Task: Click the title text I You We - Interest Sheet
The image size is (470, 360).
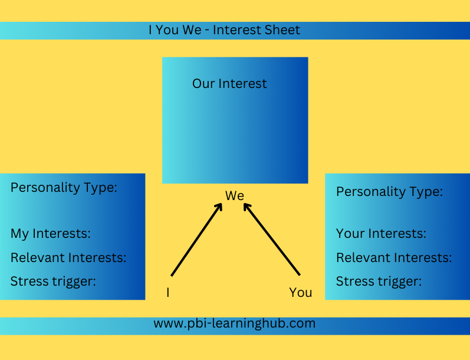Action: [224, 30]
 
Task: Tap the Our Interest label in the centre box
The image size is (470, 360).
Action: [229, 83]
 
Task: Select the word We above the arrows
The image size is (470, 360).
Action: [235, 195]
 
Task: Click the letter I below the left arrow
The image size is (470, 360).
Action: [168, 292]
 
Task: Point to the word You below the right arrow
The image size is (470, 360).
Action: [300, 292]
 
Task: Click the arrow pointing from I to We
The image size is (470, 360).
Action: [196, 240]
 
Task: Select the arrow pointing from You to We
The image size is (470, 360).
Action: [272, 239]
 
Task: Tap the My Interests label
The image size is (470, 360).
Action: [50, 234]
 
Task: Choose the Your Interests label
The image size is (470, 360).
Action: [381, 233]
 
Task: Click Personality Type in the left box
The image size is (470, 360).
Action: [64, 188]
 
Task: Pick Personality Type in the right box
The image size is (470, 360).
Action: [389, 192]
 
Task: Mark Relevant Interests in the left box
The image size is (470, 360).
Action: [68, 257]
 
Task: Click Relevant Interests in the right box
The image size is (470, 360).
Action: [394, 257]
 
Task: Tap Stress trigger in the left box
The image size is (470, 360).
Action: [53, 282]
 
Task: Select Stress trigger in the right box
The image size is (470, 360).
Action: [379, 282]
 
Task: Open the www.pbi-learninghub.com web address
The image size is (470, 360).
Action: [234, 323]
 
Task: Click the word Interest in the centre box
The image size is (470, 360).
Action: [242, 83]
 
